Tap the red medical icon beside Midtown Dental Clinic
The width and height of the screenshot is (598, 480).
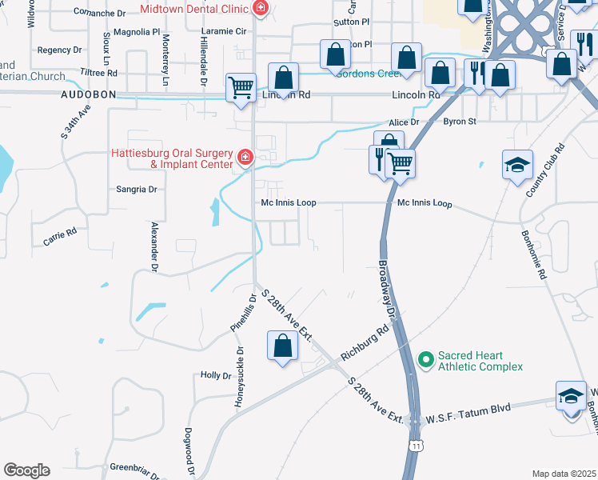tap(259, 9)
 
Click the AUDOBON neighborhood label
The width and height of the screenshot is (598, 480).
tap(89, 94)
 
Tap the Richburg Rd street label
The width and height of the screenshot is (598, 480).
tap(363, 342)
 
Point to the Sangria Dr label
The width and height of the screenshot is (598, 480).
tap(137, 190)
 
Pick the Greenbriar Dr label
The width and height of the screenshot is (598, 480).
tap(136, 467)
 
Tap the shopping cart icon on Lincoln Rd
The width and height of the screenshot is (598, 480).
tap(241, 88)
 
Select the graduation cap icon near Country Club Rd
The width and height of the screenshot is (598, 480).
tap(516, 166)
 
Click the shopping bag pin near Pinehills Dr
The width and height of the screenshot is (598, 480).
tap(281, 346)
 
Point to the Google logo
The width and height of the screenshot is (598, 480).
tap(26, 470)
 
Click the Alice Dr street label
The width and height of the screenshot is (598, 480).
tap(404, 122)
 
